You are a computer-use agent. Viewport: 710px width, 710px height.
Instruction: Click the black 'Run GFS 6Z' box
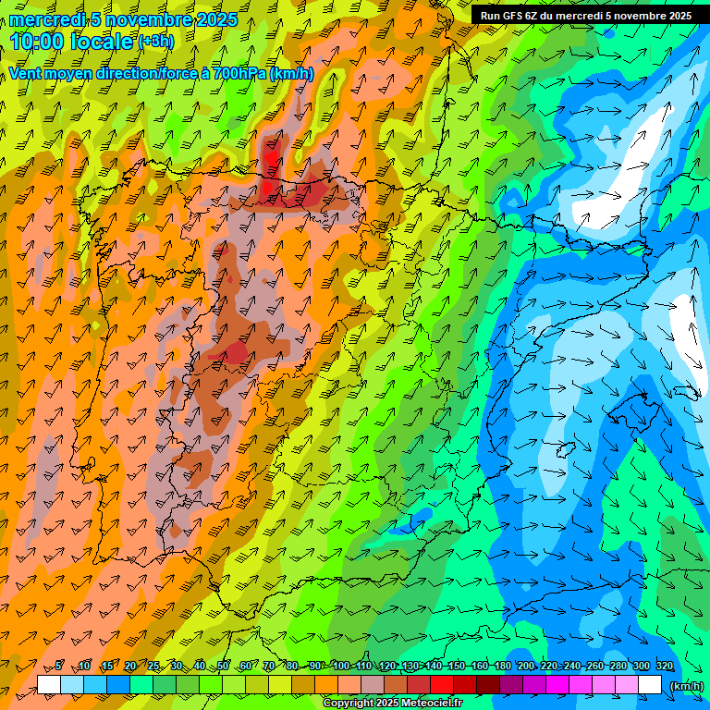(x=586, y=16)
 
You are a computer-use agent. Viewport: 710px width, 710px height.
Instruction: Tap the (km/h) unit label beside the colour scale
(x=686, y=685)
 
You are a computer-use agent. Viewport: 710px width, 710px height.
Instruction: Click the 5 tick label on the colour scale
(x=58, y=666)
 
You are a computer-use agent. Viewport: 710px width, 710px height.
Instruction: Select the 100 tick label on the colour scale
(x=340, y=666)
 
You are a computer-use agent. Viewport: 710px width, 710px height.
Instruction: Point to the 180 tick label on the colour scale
(x=503, y=666)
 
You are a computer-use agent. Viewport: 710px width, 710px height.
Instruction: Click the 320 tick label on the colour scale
(x=665, y=666)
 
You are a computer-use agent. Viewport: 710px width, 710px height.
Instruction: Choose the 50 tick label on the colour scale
(x=223, y=666)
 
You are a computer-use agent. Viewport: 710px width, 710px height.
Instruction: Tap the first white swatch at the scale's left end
(x=49, y=685)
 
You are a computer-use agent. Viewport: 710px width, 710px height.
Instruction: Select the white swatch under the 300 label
(x=650, y=685)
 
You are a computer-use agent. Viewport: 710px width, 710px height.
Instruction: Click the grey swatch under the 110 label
(x=373, y=685)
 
